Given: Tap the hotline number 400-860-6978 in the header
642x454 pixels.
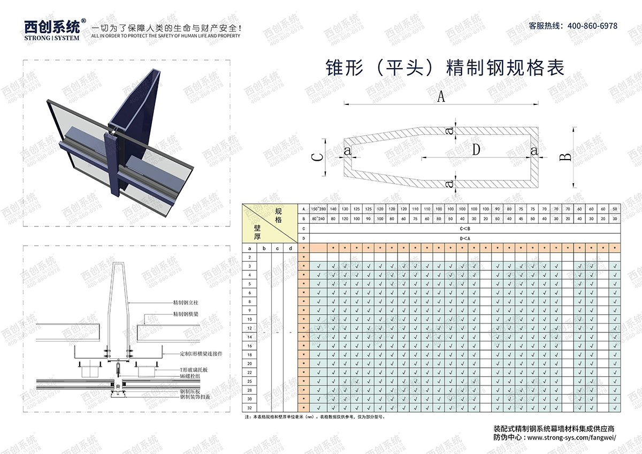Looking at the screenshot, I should coord(592,26).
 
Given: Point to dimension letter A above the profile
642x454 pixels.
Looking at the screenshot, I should coord(441,97).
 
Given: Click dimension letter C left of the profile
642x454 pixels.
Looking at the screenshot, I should coord(317,157).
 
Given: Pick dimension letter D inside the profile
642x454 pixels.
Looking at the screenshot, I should coord(476,150).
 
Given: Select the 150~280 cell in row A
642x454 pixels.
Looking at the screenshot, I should coord(318,209).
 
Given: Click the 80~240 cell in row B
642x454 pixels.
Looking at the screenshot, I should coord(318,218).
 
